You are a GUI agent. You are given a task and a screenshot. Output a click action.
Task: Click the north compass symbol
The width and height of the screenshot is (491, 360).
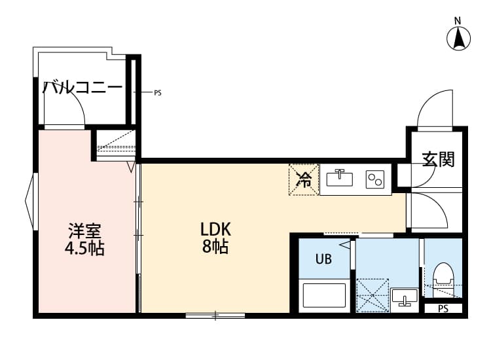460,38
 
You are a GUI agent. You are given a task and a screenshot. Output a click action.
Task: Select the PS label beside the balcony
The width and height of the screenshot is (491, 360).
157,93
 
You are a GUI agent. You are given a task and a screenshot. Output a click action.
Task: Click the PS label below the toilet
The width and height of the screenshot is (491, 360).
443,309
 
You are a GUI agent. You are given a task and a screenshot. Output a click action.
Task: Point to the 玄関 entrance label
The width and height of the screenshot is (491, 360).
437,159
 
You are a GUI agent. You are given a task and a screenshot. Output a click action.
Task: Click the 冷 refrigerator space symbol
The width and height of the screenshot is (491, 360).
304,179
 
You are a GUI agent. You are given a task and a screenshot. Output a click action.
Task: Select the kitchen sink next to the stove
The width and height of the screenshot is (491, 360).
340,178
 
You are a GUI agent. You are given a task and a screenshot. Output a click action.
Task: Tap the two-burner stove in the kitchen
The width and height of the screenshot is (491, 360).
376,178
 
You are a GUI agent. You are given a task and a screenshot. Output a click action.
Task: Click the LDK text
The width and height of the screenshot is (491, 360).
215,230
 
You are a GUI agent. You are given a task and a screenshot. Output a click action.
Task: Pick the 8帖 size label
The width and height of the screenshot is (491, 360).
215,247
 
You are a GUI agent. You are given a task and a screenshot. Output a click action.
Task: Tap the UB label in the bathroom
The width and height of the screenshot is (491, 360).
323,259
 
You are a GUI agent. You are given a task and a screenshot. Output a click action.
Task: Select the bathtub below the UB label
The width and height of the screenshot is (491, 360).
323,298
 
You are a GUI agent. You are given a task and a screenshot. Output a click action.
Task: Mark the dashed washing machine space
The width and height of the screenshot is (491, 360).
372,295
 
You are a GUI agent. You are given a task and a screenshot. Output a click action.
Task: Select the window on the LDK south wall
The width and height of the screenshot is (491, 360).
215,316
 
